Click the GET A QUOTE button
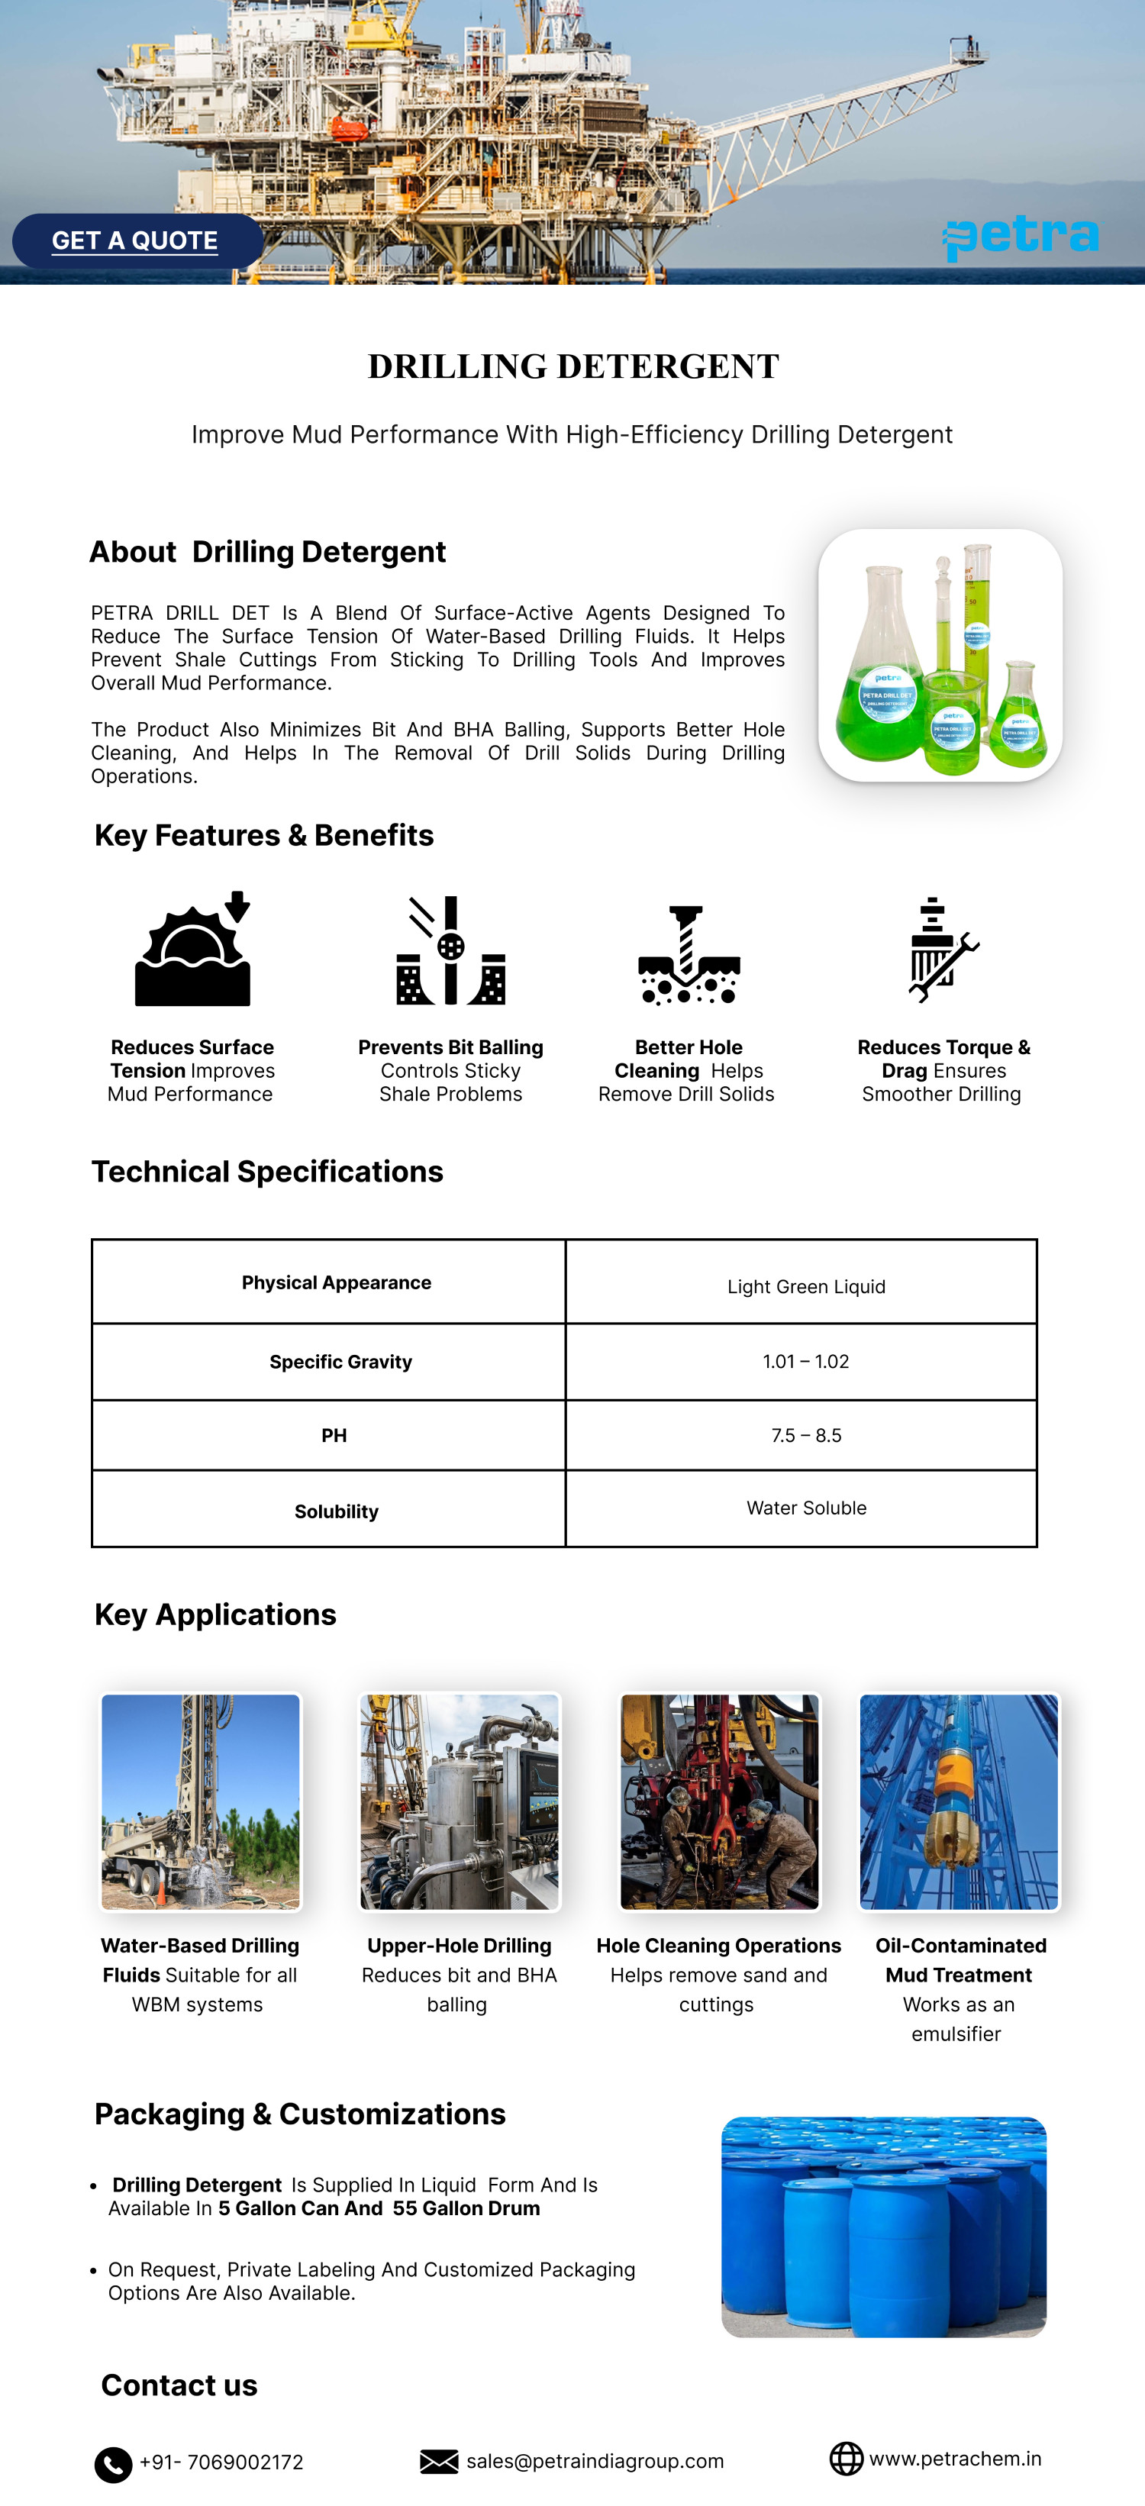(x=136, y=240)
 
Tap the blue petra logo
(x=1021, y=237)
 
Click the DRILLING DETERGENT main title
(x=573, y=366)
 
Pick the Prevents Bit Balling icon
(x=450, y=950)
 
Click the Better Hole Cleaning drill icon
(x=688, y=953)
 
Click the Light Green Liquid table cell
(x=805, y=1286)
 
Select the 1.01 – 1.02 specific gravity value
(x=805, y=1361)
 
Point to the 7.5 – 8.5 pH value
(x=805, y=1435)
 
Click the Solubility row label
(x=336, y=1511)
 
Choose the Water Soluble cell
(x=805, y=1508)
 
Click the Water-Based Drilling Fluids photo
(x=201, y=1801)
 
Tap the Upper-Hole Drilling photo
(x=460, y=1801)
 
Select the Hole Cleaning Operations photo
(x=719, y=1801)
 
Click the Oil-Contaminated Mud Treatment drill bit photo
(x=958, y=1801)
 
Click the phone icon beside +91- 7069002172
(x=113, y=2464)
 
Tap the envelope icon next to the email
(x=439, y=2461)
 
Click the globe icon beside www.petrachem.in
(x=845, y=2459)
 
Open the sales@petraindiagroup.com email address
(x=595, y=2461)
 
